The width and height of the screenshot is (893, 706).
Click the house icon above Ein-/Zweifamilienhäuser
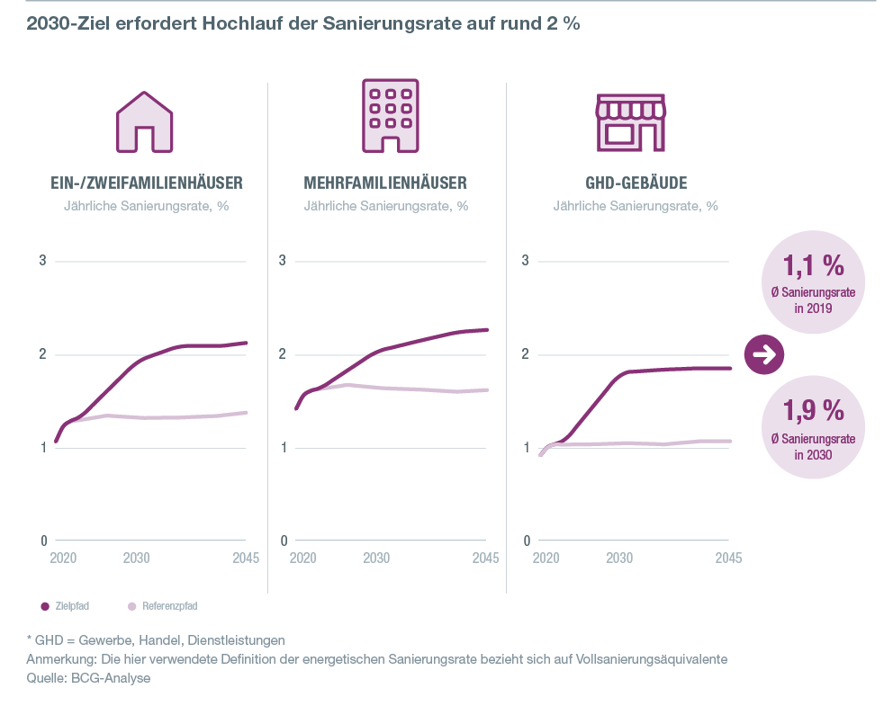(x=145, y=121)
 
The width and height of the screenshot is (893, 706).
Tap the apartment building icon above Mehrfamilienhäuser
(x=390, y=115)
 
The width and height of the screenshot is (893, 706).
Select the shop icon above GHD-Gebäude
(x=630, y=121)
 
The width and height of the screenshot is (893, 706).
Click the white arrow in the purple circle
(x=765, y=354)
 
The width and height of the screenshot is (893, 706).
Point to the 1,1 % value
(x=812, y=265)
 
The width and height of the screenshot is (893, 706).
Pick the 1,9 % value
(x=812, y=410)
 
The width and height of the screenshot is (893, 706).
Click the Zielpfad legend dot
(x=44, y=606)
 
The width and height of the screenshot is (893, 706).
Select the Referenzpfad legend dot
(x=132, y=606)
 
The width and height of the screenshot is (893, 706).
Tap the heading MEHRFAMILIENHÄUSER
(x=385, y=183)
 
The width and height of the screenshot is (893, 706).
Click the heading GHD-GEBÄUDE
(x=636, y=183)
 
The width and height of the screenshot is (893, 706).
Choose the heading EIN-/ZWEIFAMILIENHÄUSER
(x=146, y=183)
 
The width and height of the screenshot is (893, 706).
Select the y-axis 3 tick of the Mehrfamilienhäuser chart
(x=282, y=262)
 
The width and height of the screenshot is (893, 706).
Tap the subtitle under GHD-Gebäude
(x=636, y=206)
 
